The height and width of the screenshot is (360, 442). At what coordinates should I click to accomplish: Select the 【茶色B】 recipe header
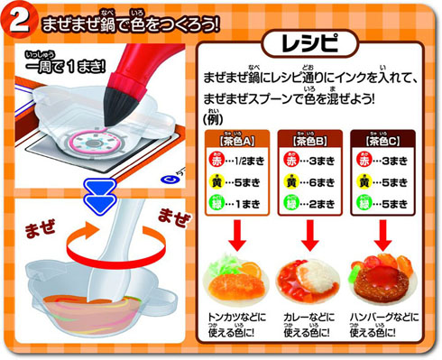pos(311,142)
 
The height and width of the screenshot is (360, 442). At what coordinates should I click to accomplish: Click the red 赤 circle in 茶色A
pos(214,161)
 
